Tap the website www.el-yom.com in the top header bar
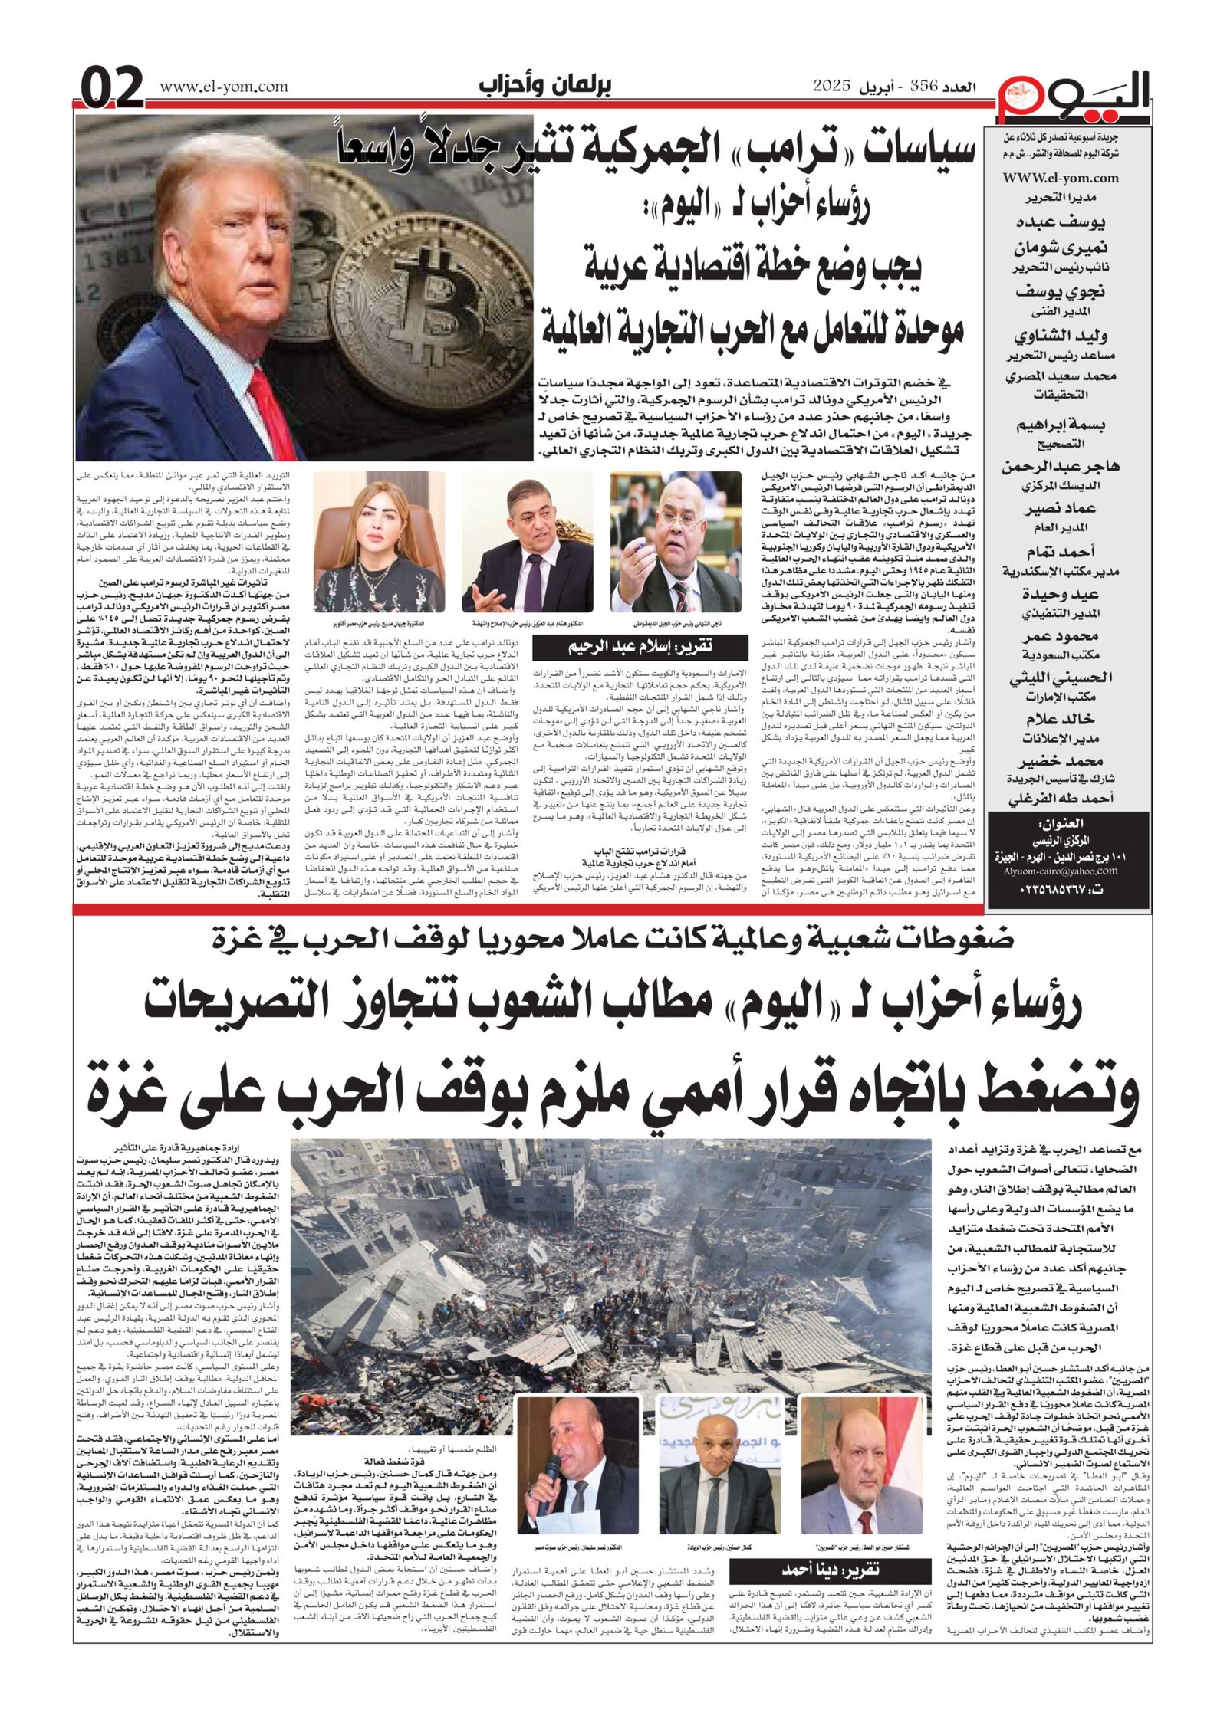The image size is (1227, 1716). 224,87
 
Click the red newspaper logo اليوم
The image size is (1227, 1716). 1073,97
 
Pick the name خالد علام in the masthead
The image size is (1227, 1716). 1061,719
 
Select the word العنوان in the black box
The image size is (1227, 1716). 1061,825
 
